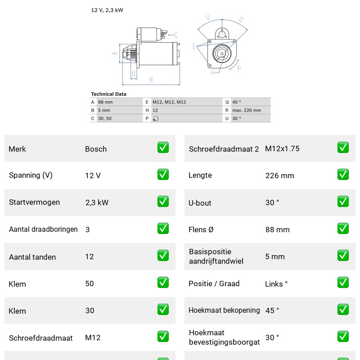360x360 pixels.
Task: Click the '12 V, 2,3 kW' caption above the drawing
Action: pyautogui.click(x=107, y=10)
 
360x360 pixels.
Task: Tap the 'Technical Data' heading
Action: pyautogui.click(x=108, y=94)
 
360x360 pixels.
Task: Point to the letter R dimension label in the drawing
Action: pyautogui.click(x=151, y=80)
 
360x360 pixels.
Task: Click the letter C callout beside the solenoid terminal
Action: pyautogui.click(x=176, y=35)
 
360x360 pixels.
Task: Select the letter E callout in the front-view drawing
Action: pyautogui.click(x=194, y=47)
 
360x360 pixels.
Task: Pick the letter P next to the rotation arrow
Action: pyautogui.click(x=239, y=68)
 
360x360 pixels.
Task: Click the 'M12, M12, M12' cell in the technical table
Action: pyautogui.click(x=169, y=102)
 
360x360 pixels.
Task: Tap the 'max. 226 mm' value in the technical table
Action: pyautogui.click(x=247, y=110)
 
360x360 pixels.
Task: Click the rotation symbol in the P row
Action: pyautogui.click(x=156, y=118)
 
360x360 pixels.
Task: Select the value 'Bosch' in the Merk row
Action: pyautogui.click(x=96, y=149)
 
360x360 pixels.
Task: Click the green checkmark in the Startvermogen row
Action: pyautogui.click(x=163, y=202)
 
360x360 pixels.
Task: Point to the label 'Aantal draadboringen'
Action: pyautogui.click(x=43, y=229)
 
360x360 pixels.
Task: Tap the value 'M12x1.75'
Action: pyautogui.click(x=282, y=148)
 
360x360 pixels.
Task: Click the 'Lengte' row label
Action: pyautogui.click(x=200, y=175)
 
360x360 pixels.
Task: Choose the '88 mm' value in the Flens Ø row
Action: pyautogui.click(x=278, y=229)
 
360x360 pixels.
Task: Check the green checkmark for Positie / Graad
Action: pyautogui.click(x=343, y=283)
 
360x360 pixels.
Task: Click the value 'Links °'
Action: pyautogui.click(x=276, y=284)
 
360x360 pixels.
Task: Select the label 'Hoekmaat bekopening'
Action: pyautogui.click(x=224, y=310)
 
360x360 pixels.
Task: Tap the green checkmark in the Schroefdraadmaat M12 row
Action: pyautogui.click(x=163, y=337)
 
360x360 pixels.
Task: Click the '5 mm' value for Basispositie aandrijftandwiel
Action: pyautogui.click(x=275, y=256)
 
